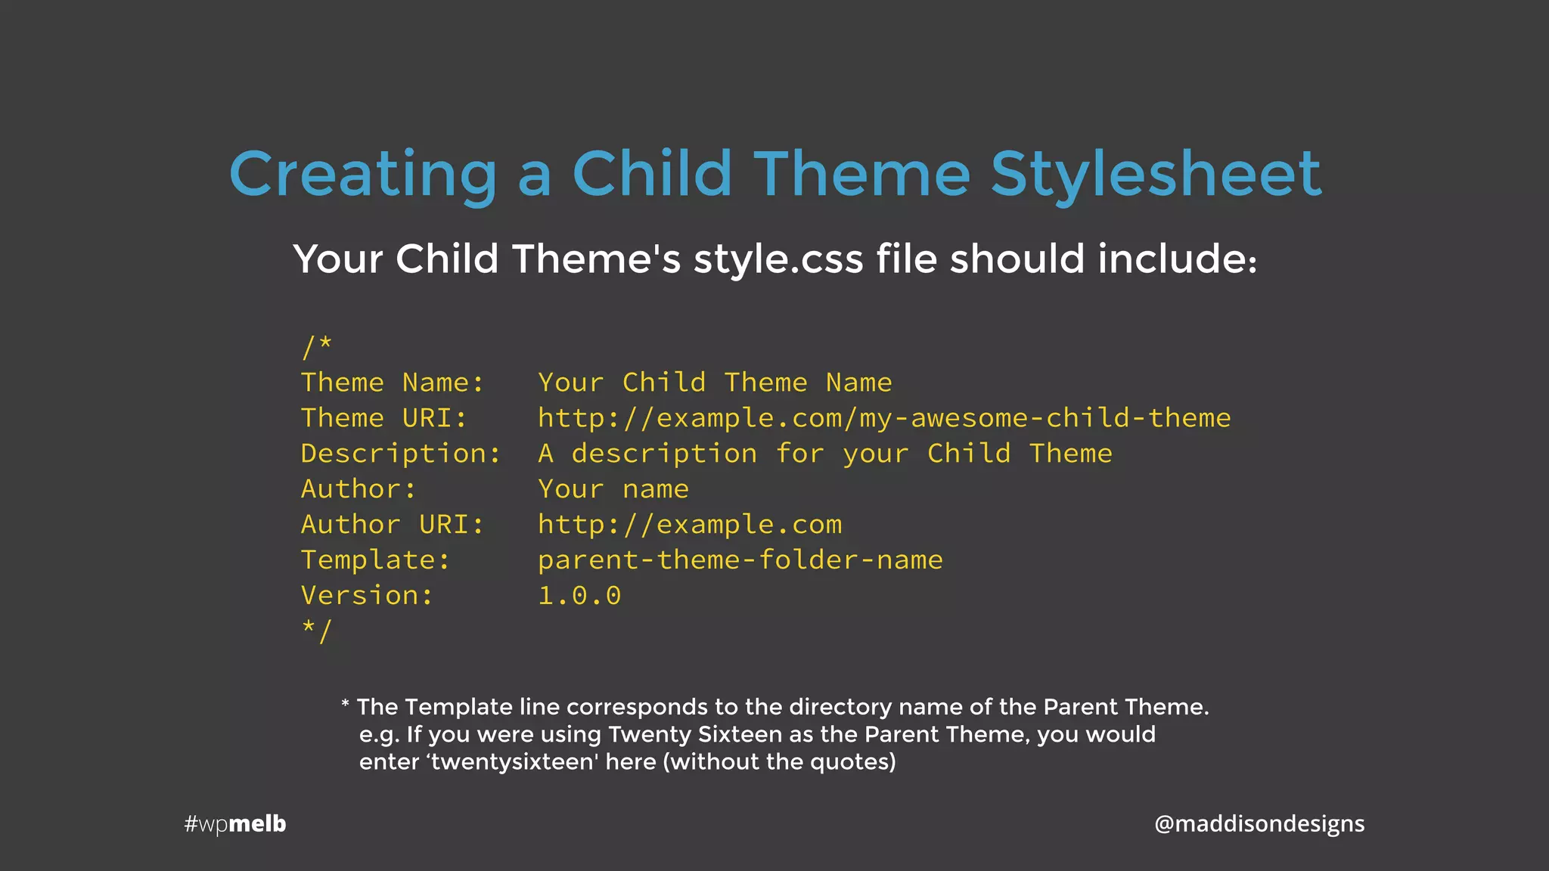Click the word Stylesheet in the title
pos(1156,175)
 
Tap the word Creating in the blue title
pos(363,175)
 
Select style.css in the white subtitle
pos(778,259)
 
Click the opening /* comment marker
pos(316,346)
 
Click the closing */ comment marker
pos(316,630)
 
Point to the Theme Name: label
pos(392,383)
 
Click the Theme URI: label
pos(383,418)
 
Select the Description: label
pos(400,454)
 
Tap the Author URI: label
pos(392,525)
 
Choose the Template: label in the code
pos(375,560)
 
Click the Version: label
pos(367,596)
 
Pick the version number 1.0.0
pos(579,596)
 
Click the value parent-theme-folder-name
pos(740,560)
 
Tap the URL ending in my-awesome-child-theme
pos(884,418)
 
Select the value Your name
pos(613,489)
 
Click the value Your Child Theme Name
pos(715,383)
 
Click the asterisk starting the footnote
pos(345,705)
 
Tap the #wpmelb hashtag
pos(235,823)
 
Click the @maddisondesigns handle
pos(1259,823)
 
